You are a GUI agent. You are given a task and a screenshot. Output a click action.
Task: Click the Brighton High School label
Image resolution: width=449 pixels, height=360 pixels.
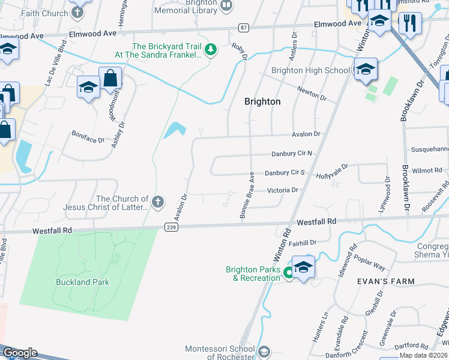click(x=310, y=70)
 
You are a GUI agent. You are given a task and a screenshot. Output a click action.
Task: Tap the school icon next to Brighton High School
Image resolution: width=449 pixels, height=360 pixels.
click(x=365, y=70)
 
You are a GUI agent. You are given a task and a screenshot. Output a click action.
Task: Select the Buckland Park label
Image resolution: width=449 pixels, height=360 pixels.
click(x=82, y=282)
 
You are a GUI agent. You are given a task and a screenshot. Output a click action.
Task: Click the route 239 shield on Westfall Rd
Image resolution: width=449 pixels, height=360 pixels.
click(x=171, y=226)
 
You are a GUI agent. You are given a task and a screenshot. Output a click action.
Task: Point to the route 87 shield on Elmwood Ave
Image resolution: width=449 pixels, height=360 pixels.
click(x=243, y=28)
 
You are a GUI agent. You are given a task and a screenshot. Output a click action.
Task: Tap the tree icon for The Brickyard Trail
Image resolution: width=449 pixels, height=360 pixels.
click(x=210, y=50)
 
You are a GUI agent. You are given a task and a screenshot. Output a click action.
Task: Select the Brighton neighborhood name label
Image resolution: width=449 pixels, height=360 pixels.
click(x=262, y=101)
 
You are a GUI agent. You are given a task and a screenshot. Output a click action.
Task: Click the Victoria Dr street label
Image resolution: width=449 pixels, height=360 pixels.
click(x=282, y=190)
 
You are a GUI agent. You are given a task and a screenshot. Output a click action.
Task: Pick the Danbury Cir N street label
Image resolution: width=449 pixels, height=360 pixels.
click(x=292, y=154)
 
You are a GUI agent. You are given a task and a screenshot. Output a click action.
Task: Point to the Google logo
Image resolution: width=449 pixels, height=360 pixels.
click(x=20, y=353)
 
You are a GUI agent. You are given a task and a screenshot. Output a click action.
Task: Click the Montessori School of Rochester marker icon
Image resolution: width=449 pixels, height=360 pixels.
click(x=263, y=352)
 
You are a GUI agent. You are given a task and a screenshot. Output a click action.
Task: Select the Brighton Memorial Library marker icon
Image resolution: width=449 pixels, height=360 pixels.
click(x=226, y=6)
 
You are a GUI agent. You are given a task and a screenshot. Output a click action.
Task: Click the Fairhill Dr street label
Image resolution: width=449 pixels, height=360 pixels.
click(x=302, y=242)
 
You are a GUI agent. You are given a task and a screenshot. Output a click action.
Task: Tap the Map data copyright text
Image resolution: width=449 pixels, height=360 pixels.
click(x=424, y=355)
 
